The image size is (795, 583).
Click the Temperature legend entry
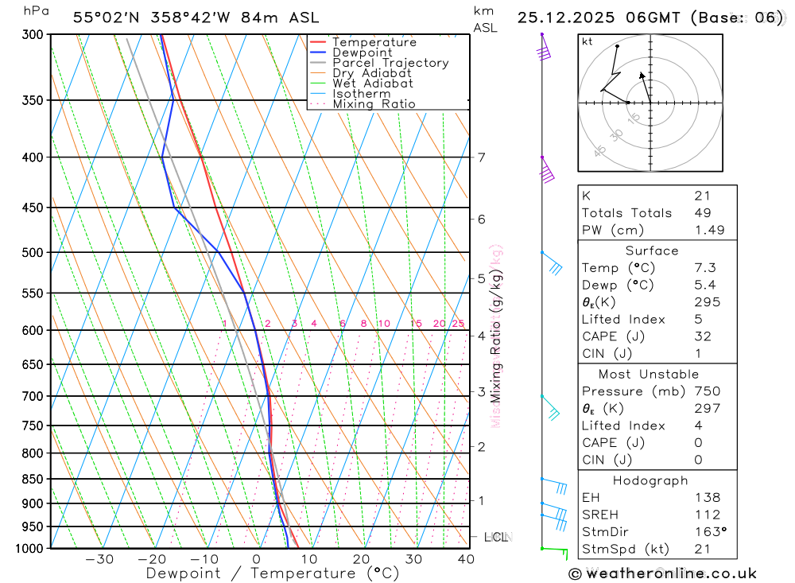(x=374, y=42)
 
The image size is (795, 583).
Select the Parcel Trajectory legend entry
(x=390, y=63)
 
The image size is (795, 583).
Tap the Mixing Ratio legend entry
(x=374, y=104)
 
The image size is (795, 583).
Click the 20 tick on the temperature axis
(x=361, y=560)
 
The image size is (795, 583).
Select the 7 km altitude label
(x=482, y=157)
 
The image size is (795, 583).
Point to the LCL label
(x=496, y=538)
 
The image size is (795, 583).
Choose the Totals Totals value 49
(x=703, y=213)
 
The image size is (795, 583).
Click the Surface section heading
(x=652, y=251)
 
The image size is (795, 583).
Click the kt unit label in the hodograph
(x=588, y=42)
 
